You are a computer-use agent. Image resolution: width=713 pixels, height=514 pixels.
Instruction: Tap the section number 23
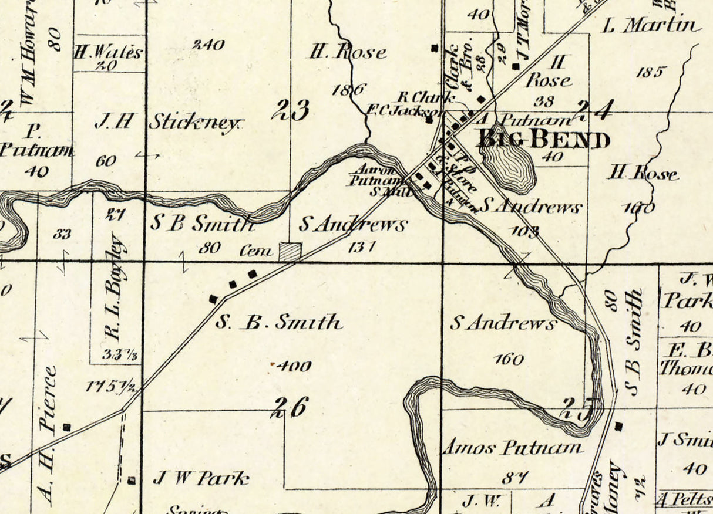(x=292, y=109)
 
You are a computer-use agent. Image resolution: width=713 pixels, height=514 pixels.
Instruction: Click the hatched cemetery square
(x=290, y=251)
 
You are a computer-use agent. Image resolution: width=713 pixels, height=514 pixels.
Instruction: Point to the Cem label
(x=257, y=252)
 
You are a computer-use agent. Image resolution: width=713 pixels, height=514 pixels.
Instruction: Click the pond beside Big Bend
(x=508, y=161)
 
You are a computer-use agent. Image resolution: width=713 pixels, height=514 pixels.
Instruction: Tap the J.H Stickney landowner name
(x=168, y=123)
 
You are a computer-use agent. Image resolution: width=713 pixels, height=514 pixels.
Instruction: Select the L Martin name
(x=652, y=25)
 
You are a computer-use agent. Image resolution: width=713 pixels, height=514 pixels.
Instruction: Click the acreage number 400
(x=294, y=366)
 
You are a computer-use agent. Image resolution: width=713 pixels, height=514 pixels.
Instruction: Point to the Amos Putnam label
(x=512, y=448)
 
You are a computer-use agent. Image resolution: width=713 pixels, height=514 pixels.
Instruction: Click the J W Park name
(x=200, y=479)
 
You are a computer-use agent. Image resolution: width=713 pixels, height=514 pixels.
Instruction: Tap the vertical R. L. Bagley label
(x=113, y=289)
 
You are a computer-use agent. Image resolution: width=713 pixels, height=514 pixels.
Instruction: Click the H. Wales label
(x=109, y=52)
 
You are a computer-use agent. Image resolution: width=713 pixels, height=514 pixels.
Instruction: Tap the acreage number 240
(x=208, y=45)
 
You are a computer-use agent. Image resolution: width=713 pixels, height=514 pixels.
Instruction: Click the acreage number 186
(x=349, y=90)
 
